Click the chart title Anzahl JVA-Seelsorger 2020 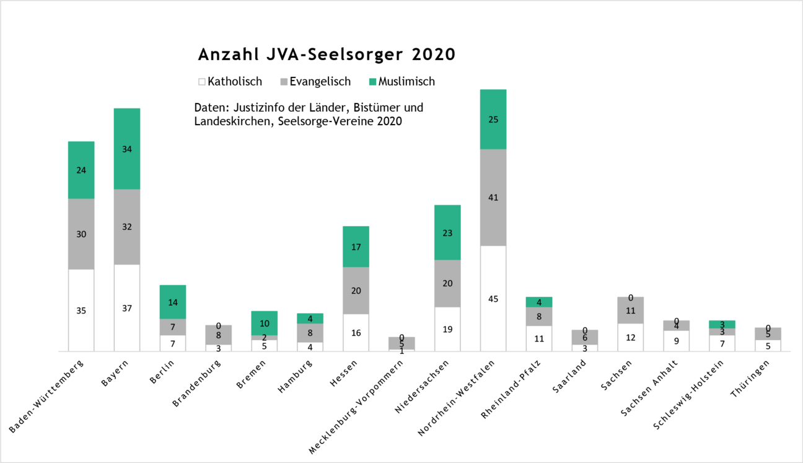click(x=327, y=55)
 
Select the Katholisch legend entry click(x=230, y=82)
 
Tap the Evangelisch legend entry click(x=316, y=82)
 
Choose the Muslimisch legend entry click(x=401, y=82)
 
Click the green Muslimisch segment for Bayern click(x=126, y=149)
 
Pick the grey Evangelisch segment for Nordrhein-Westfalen click(x=493, y=197)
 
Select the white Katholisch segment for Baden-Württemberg click(x=81, y=310)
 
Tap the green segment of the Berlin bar click(x=172, y=302)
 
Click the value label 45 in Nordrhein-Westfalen click(x=493, y=299)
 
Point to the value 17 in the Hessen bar click(x=356, y=247)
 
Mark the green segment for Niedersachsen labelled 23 click(x=447, y=232)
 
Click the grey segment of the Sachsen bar click(x=630, y=310)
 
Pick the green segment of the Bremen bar click(x=264, y=323)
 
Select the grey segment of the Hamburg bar click(x=310, y=333)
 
